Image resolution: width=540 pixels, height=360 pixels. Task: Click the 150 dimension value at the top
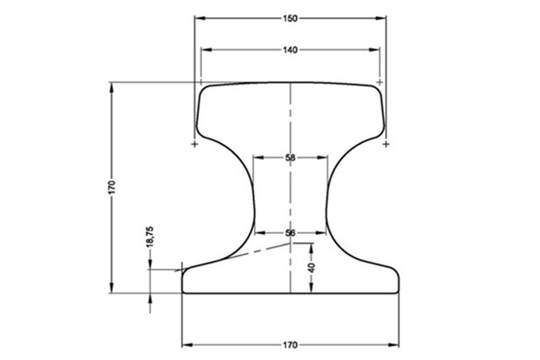pos(290,18)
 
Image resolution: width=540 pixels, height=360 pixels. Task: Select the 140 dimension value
pos(290,49)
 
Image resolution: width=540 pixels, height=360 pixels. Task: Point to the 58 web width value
pos(290,157)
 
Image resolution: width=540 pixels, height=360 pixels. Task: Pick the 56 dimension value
pos(290,233)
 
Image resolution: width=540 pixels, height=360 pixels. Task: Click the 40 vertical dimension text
pos(311,267)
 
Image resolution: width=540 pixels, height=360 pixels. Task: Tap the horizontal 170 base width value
pos(290,345)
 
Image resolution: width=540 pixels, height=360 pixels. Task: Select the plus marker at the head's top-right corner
pos(379,82)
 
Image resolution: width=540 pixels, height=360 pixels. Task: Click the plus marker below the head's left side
pos(195,143)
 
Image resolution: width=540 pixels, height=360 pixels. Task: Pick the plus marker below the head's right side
pos(386,143)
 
